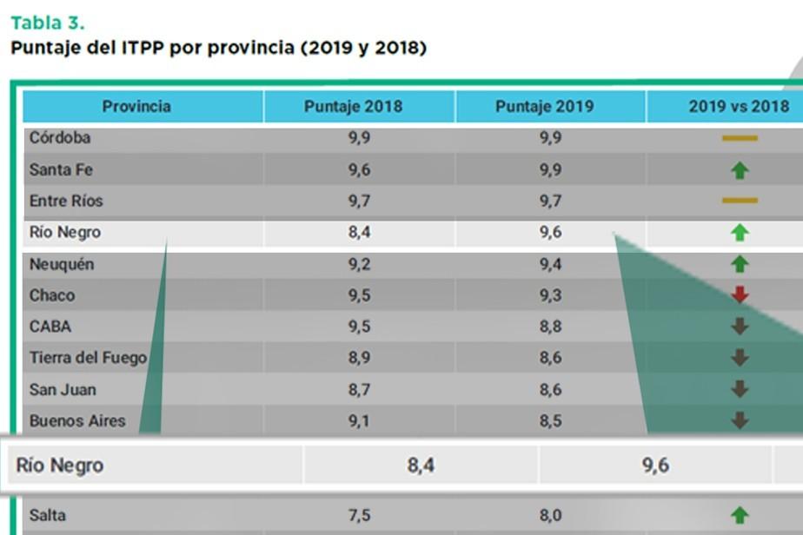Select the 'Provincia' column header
pos(136,107)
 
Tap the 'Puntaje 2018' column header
pos(353,107)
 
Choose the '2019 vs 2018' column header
pos(740,107)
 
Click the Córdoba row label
pos(60,138)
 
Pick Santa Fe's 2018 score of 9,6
pos(359,169)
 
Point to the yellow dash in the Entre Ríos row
pos(740,201)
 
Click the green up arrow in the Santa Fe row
pos(740,170)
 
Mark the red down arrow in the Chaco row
pos(740,295)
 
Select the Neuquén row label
pos(62,264)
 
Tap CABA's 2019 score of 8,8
pos(550,327)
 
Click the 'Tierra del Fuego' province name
pos(88,358)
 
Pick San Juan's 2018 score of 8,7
pos(359,390)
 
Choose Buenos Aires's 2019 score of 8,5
pos(550,421)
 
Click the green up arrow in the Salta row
pos(740,516)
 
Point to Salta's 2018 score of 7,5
pos(359,516)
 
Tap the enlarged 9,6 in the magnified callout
pos(655,466)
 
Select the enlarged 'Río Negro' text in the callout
pos(60,466)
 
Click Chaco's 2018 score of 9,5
pos(359,295)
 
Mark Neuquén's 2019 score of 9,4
pos(550,264)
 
